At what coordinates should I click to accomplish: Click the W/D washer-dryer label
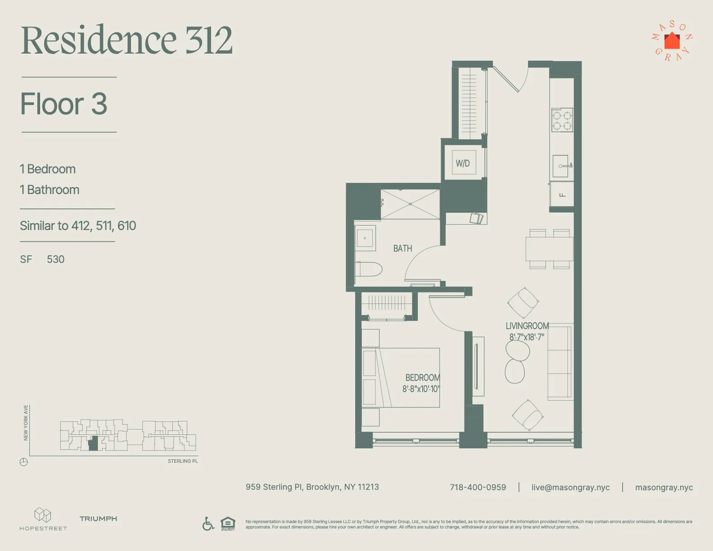(x=463, y=163)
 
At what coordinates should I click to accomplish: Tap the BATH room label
(x=402, y=248)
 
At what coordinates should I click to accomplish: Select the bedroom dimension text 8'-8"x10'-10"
(x=420, y=389)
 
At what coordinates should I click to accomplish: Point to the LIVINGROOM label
(x=527, y=326)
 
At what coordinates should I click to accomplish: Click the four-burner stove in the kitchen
(x=562, y=120)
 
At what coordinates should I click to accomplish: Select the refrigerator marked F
(x=562, y=194)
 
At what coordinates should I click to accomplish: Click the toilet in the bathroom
(x=369, y=270)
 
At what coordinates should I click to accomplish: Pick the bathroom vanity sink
(x=365, y=237)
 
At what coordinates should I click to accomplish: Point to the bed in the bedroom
(x=401, y=377)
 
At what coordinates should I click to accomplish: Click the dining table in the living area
(x=549, y=248)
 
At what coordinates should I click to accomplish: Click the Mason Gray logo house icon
(x=672, y=41)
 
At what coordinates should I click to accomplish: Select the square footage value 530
(x=56, y=259)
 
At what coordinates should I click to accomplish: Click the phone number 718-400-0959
(x=478, y=488)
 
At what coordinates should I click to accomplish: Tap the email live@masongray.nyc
(x=570, y=488)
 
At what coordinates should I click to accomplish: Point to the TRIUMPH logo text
(x=98, y=519)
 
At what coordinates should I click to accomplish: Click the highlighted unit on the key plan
(x=93, y=444)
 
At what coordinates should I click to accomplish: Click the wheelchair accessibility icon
(x=208, y=524)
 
